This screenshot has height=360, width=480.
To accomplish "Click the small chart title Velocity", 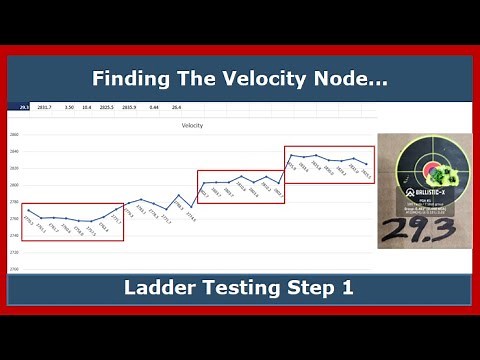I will [x=192, y=125].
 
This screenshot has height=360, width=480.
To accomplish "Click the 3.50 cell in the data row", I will [x=69, y=106].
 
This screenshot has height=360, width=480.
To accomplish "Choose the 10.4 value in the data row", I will [x=87, y=106].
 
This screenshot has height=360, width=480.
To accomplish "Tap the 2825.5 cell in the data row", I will [x=106, y=106].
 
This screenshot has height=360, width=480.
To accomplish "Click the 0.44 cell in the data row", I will [x=155, y=106].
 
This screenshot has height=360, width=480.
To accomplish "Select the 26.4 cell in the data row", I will [x=177, y=106].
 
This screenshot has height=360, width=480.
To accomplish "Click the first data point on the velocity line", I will [x=27, y=210].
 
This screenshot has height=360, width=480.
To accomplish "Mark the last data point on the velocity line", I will [x=367, y=164].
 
